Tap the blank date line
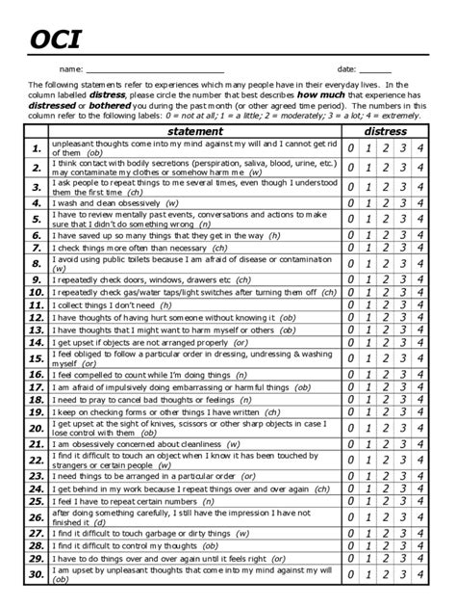pyautogui.click(x=375, y=70)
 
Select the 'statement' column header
pyautogui.click(x=195, y=131)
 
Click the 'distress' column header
pyautogui.click(x=385, y=131)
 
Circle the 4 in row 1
pyautogui.click(x=420, y=147)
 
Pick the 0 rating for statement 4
pyautogui.click(x=351, y=203)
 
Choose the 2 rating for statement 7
pyautogui.click(x=386, y=248)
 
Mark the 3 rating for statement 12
pyautogui.click(x=403, y=317)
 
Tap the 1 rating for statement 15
pyautogui.click(x=368, y=358)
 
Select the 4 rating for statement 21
pyautogui.click(x=420, y=444)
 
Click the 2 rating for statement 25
pyautogui.click(x=386, y=501)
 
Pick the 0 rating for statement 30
pyautogui.click(x=351, y=575)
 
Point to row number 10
pyautogui.click(x=36, y=292)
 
